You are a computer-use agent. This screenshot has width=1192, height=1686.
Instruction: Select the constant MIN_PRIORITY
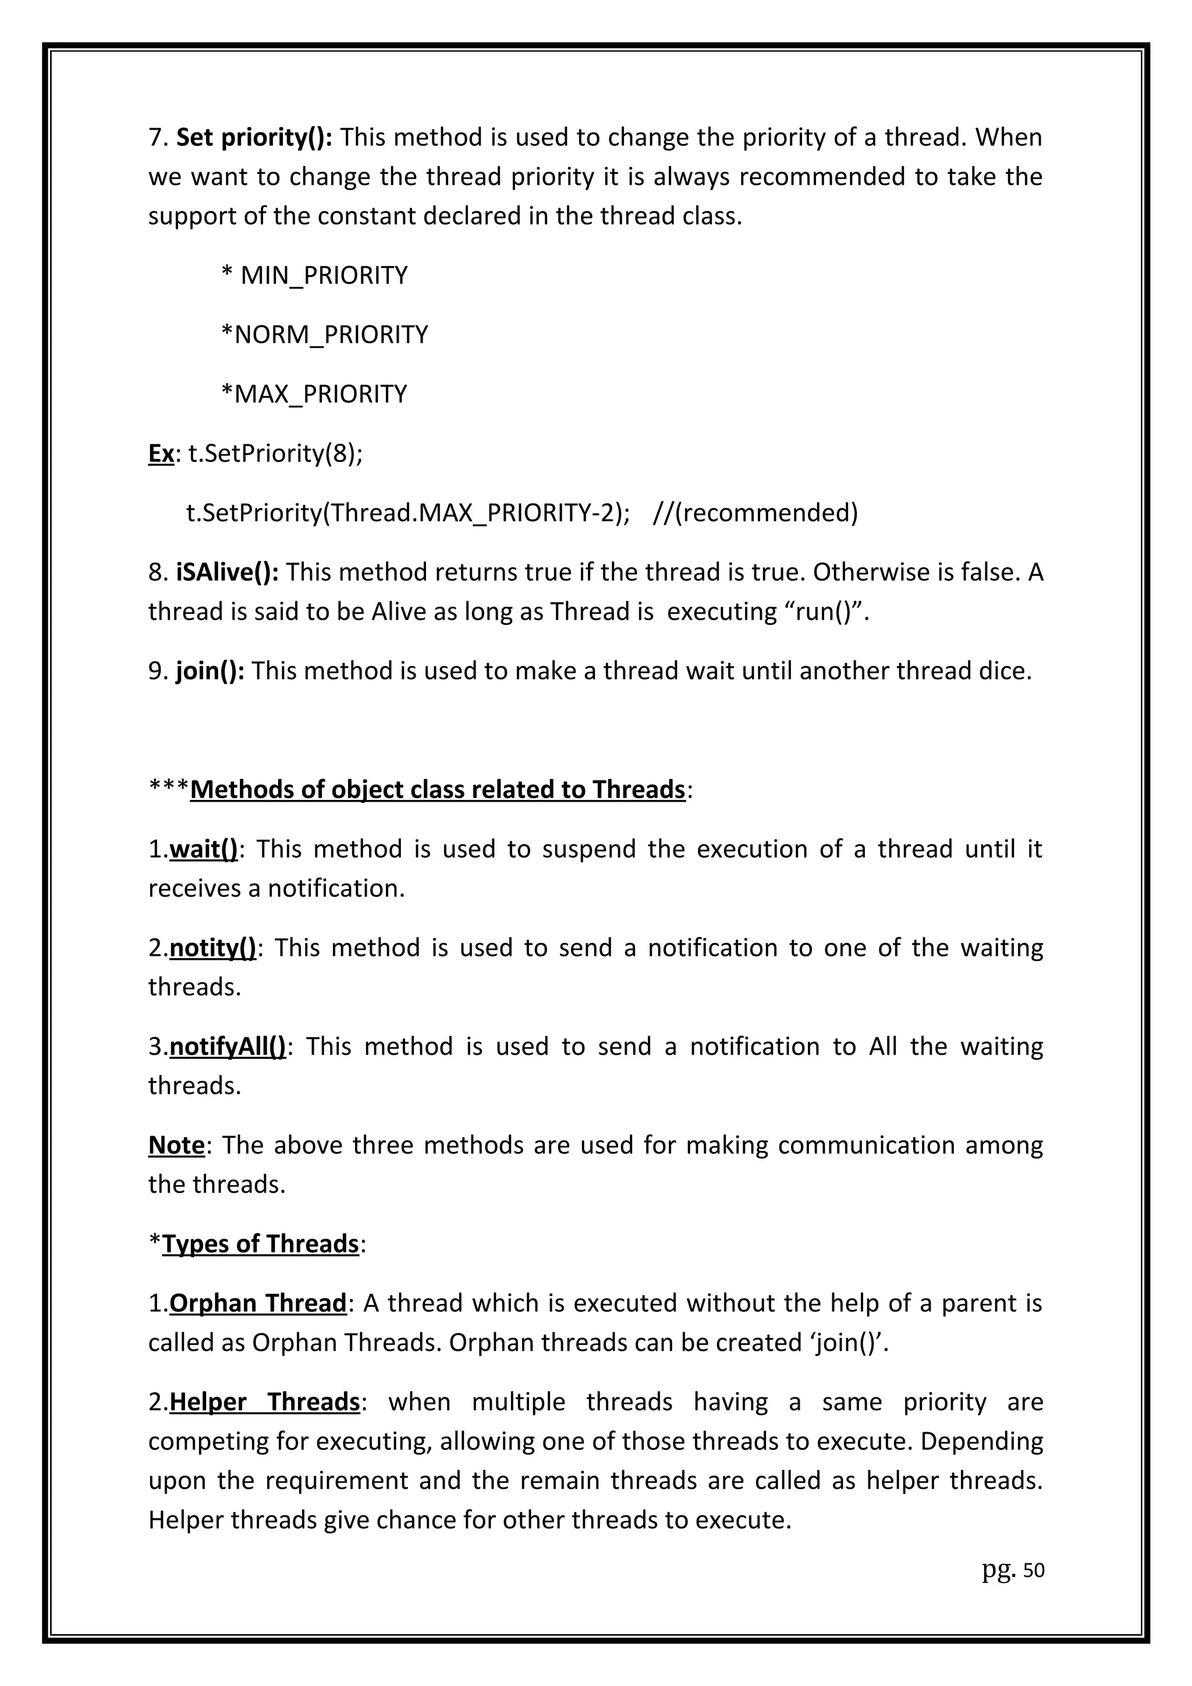pos(323,275)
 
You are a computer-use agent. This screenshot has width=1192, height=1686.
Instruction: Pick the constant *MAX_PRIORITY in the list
pos(314,394)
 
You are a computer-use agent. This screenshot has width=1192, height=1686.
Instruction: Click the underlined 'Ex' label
pos(161,454)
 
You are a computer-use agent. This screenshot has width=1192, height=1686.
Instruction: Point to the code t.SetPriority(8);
pos(275,454)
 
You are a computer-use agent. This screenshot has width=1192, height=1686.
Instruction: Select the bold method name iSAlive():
pos(227,572)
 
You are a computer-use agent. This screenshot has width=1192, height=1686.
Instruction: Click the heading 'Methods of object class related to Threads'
pos(437,789)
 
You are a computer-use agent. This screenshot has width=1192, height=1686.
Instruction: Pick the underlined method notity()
pos(212,948)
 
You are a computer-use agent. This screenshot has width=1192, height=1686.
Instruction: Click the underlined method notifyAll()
pos(228,1047)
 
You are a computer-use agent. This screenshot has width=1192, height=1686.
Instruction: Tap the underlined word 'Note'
pos(176,1146)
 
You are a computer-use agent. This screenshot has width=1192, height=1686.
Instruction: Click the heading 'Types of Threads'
pos(260,1244)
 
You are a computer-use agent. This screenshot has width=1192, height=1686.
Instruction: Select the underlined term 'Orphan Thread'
pos(257,1303)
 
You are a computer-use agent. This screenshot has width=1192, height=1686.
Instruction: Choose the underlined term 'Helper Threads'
pos(264,1403)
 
